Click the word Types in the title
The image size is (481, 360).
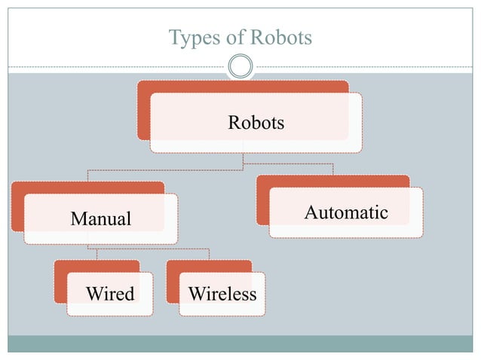click(x=189, y=37)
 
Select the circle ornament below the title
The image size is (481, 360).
click(x=240, y=67)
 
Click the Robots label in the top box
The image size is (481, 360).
click(x=256, y=122)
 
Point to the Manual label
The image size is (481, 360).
click(x=100, y=219)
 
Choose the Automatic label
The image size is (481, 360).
click(x=346, y=212)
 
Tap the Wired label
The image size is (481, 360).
click(x=110, y=293)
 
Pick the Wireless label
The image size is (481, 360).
click(x=222, y=293)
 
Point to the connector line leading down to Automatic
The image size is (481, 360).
click(x=332, y=169)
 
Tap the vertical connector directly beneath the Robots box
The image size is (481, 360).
click(x=242, y=157)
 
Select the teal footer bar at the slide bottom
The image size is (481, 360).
click(x=240, y=343)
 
